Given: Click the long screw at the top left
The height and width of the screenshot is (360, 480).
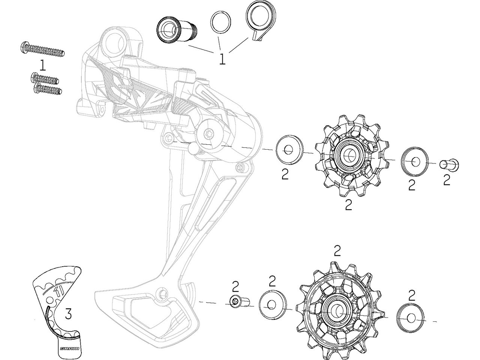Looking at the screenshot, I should click(42, 49).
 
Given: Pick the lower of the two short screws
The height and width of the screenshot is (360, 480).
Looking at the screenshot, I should click(47, 89).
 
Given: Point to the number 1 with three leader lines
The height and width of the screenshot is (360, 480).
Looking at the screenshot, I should click(222, 59).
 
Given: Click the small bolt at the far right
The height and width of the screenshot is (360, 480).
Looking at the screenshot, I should click(448, 164).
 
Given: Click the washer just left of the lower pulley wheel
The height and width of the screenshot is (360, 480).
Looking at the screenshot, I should click(272, 304).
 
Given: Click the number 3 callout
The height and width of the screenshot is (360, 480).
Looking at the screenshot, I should click(68, 313).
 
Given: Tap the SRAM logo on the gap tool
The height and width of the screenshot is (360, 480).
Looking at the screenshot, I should click(67, 348).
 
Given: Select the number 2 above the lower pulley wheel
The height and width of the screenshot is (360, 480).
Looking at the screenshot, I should click(337, 250).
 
